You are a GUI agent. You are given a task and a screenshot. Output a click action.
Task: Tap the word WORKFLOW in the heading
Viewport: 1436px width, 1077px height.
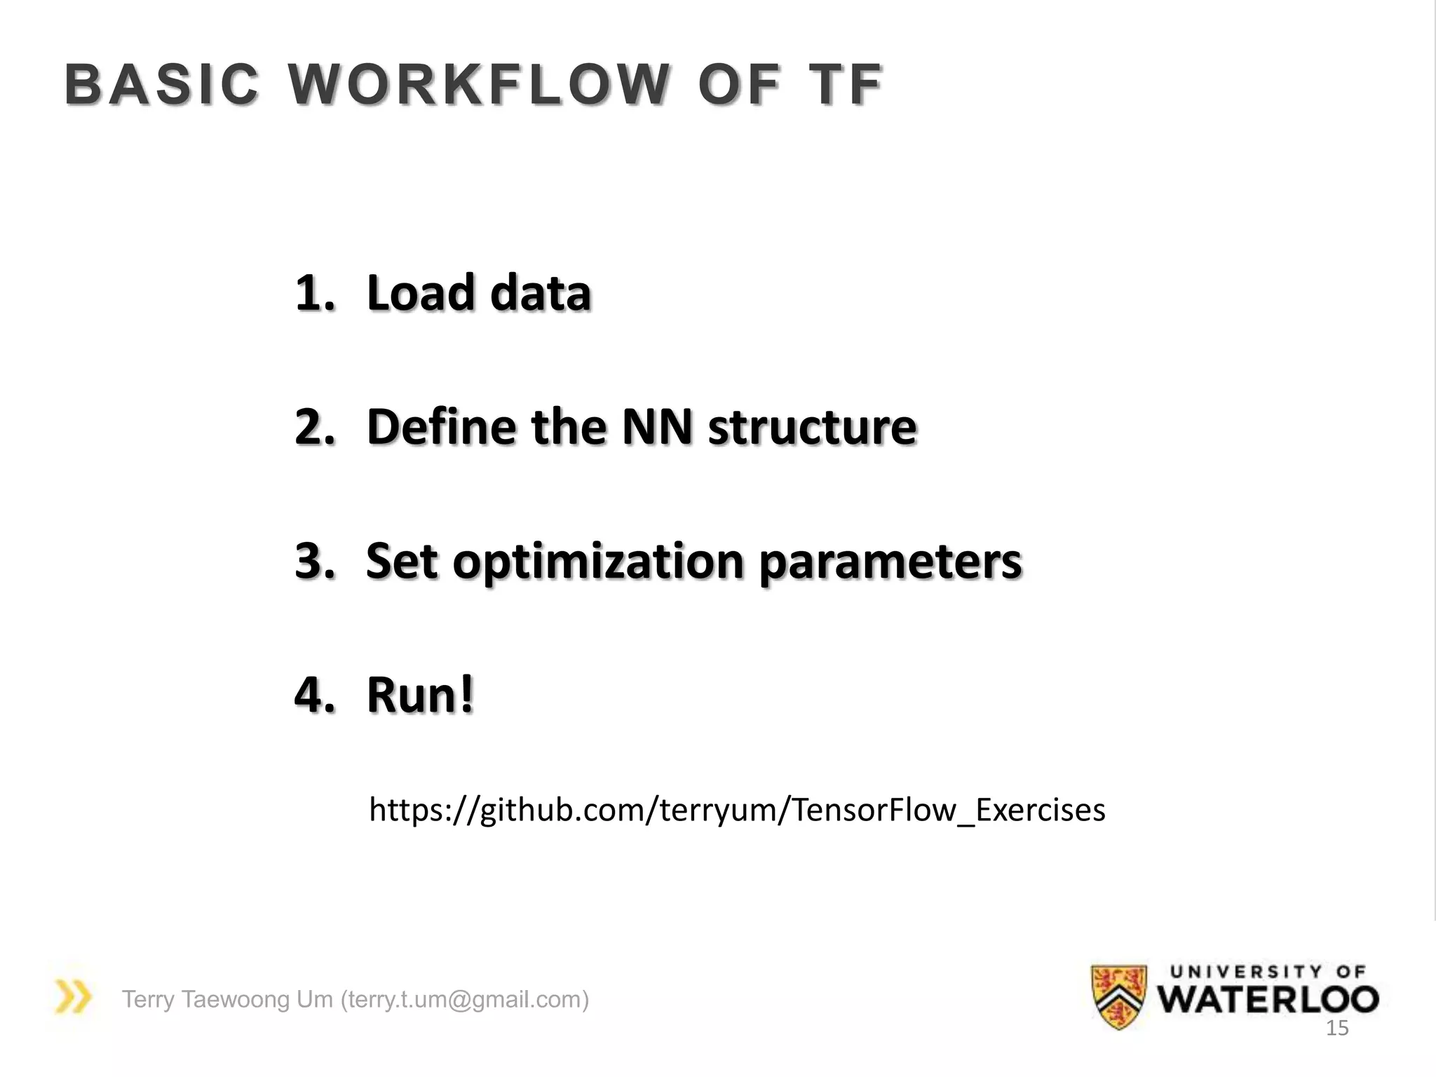click(479, 85)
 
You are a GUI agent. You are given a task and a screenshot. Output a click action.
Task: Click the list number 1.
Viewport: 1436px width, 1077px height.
click(313, 292)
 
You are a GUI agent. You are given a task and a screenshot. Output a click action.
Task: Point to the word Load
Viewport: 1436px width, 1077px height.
click(421, 292)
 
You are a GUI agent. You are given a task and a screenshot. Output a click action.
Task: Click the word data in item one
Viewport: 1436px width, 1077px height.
click(541, 292)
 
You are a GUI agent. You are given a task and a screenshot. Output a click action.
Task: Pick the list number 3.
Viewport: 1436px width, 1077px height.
click(313, 561)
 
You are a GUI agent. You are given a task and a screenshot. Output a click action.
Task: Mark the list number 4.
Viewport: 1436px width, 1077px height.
click(313, 695)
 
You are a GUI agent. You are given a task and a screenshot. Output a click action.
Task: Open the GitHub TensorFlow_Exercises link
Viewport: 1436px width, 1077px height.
click(737, 811)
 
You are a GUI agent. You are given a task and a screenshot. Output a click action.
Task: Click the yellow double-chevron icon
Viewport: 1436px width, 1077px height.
click(73, 996)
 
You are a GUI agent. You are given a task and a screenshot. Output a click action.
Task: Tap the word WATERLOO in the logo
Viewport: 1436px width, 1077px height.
click(1268, 999)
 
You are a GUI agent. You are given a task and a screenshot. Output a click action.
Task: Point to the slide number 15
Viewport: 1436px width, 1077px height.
click(1337, 1029)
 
